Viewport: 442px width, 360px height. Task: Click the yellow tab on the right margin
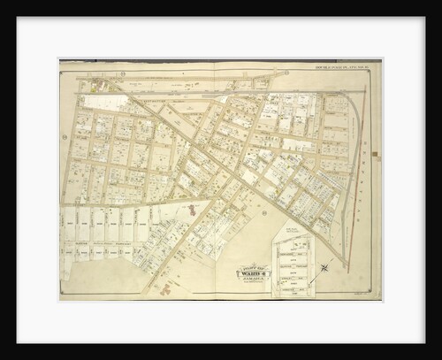375,155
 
